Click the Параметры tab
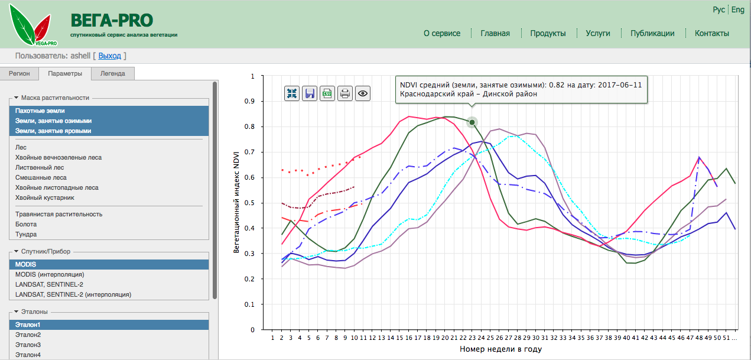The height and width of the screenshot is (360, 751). (65, 74)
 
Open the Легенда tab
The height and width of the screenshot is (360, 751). (112, 74)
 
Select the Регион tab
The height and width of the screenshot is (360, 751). (19, 74)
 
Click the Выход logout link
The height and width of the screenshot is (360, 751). (109, 56)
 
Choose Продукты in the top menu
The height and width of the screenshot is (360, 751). (548, 34)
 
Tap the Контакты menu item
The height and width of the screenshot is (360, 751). (711, 34)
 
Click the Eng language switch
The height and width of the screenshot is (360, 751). (738, 10)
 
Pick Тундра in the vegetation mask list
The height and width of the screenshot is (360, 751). (26, 234)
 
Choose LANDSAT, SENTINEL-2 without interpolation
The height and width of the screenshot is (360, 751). (49, 284)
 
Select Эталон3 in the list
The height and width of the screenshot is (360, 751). (28, 345)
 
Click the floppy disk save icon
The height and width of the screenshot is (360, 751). (310, 93)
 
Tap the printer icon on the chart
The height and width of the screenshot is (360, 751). (345, 93)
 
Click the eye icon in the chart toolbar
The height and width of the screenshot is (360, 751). (363, 93)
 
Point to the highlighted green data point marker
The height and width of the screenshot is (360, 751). (472, 122)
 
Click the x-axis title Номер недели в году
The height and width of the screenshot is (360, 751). (500, 349)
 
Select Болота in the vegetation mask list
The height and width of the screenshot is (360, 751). (26, 224)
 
